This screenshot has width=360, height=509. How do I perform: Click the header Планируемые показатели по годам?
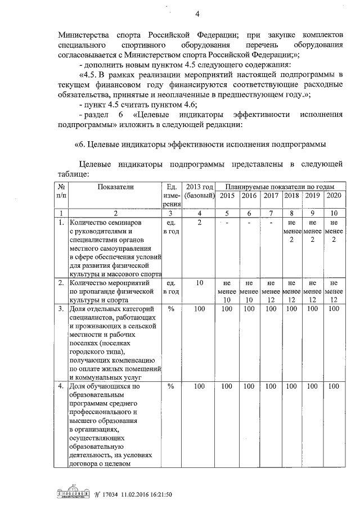pyautogui.click(x=281, y=186)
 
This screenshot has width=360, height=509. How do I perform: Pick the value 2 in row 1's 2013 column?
pyautogui.click(x=200, y=223)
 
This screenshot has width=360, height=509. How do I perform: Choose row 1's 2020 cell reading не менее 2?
pyautogui.click(x=334, y=231)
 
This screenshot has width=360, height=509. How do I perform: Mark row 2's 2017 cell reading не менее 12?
pyautogui.click(x=271, y=291)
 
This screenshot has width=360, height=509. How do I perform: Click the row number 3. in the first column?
pyautogui.click(x=62, y=309)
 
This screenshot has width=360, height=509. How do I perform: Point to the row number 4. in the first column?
pyautogui.click(x=62, y=386)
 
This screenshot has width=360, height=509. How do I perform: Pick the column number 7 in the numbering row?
pyautogui.click(x=271, y=213)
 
